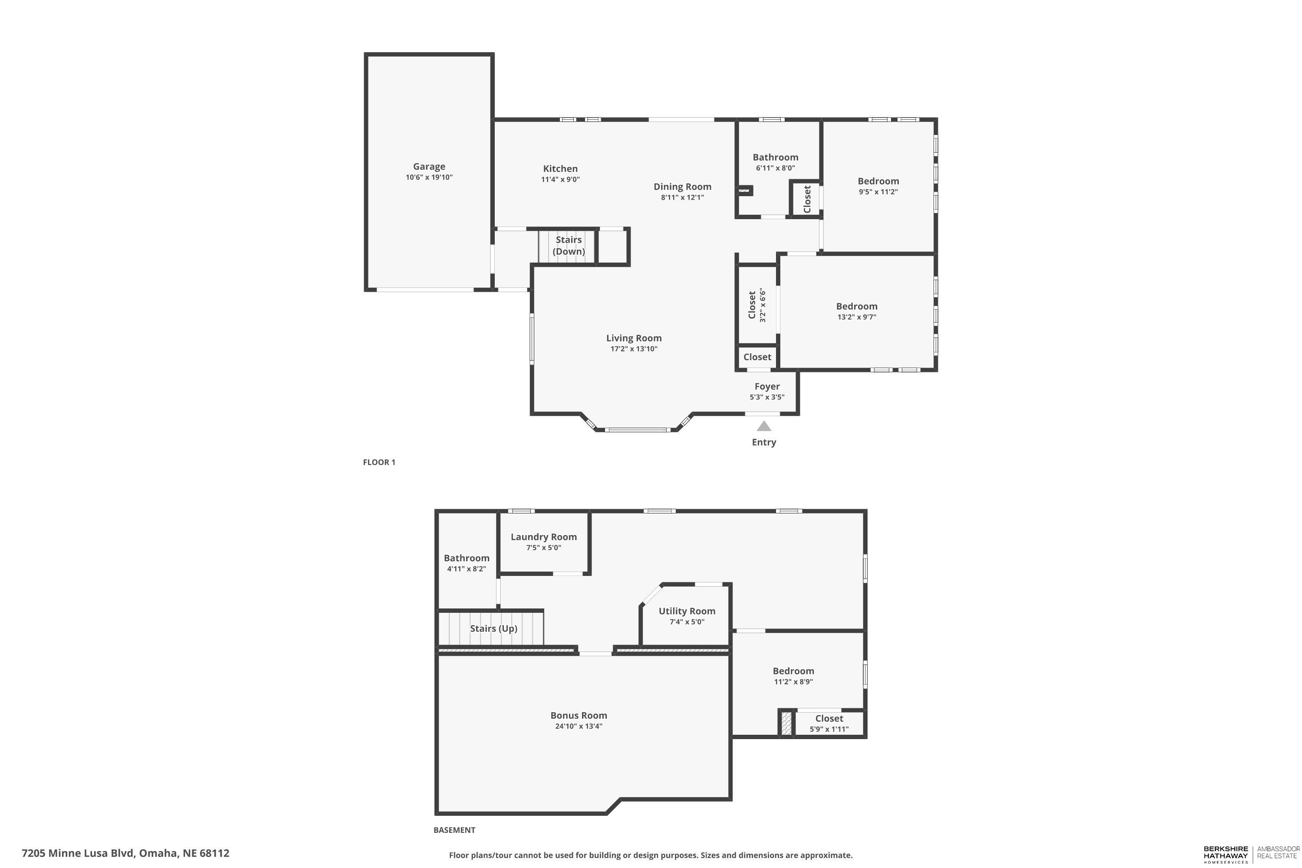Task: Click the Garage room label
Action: point(429,166)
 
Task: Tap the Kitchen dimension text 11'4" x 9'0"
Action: point(560,179)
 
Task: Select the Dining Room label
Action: point(683,187)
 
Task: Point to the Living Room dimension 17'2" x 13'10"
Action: point(634,349)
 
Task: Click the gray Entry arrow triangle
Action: point(764,426)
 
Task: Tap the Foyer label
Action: point(767,386)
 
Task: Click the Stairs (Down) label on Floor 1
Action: point(569,245)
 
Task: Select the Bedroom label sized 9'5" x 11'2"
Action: point(878,181)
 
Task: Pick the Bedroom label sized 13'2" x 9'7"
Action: point(857,306)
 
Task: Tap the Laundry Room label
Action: point(544,536)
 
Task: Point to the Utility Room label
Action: point(687,611)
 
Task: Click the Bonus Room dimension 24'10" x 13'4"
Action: point(579,726)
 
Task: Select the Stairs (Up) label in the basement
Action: point(494,628)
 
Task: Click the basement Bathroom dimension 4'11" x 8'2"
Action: point(467,569)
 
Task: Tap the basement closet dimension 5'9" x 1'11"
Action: point(829,729)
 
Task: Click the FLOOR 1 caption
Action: point(379,462)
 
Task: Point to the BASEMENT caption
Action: point(454,830)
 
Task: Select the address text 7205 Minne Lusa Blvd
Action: point(78,853)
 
